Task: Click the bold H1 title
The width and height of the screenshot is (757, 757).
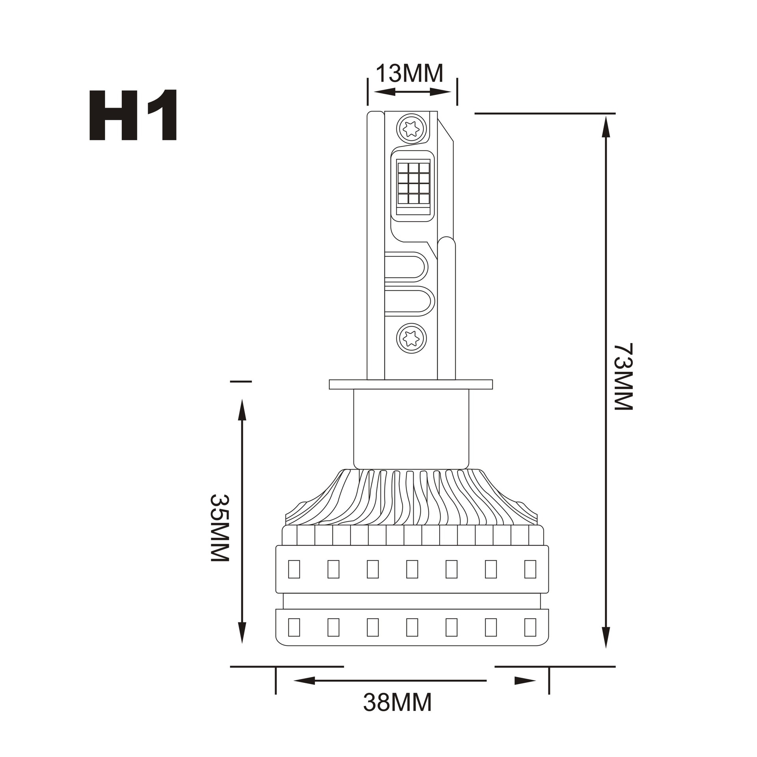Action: [x=133, y=115]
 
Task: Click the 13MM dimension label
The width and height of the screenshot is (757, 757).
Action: [x=410, y=73]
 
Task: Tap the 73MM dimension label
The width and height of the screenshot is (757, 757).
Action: [x=623, y=377]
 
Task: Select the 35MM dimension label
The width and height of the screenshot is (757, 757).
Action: [x=219, y=528]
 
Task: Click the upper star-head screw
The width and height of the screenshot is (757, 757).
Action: [x=412, y=129]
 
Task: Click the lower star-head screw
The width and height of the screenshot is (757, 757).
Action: [x=412, y=338]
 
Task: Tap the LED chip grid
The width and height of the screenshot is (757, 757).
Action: [x=413, y=184]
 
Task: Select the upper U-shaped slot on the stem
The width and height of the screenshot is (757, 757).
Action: [x=406, y=267]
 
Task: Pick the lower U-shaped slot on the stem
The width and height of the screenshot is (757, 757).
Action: [x=409, y=302]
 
